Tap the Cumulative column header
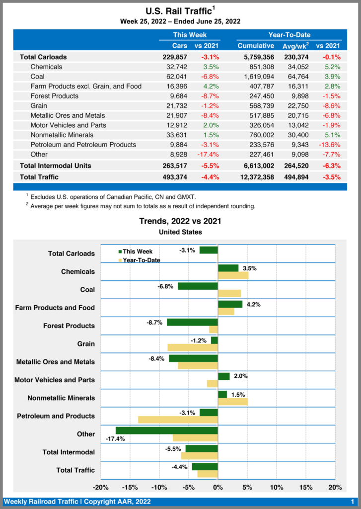tap(256, 46)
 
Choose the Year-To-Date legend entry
tap(141, 260)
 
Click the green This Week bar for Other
tap(167, 430)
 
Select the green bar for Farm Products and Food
tap(230, 304)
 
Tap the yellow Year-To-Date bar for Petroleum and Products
tap(178, 420)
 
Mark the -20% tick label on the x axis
tap(101, 487)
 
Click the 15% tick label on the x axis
tap(306, 487)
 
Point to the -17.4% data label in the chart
tap(115, 439)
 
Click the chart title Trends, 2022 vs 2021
tap(180, 221)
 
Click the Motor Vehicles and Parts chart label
tap(55, 380)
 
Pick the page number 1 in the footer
tap(352, 502)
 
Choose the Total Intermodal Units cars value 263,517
tap(171, 166)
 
